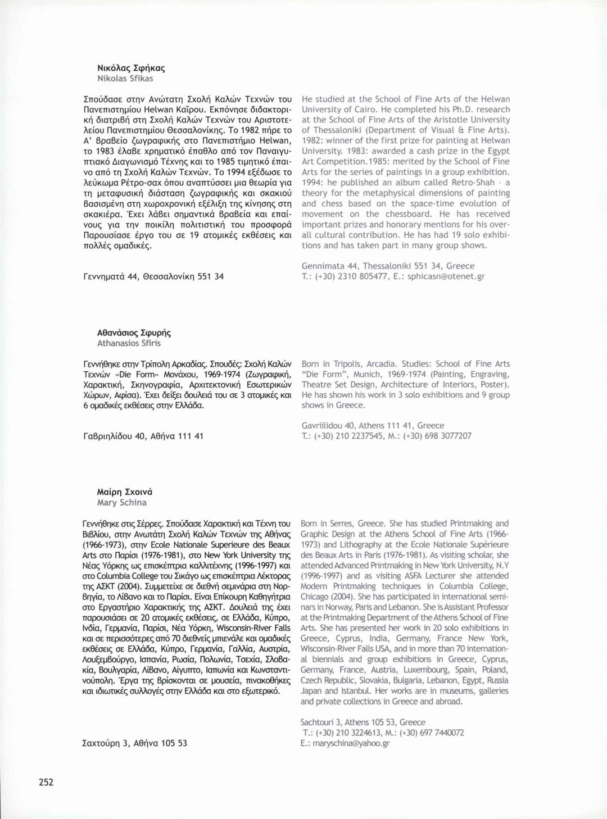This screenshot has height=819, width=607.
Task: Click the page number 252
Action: (x=46, y=782)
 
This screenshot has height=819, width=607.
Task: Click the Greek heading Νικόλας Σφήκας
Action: (x=131, y=68)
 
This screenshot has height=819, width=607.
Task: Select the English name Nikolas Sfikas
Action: (x=125, y=79)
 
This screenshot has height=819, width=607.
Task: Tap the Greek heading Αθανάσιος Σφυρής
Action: (x=134, y=333)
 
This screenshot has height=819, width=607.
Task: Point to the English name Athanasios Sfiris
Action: (x=129, y=343)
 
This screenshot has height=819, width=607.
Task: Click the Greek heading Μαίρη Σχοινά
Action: (x=124, y=492)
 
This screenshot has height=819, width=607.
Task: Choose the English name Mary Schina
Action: (x=121, y=503)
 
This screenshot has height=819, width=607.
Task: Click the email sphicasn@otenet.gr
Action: (x=446, y=276)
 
